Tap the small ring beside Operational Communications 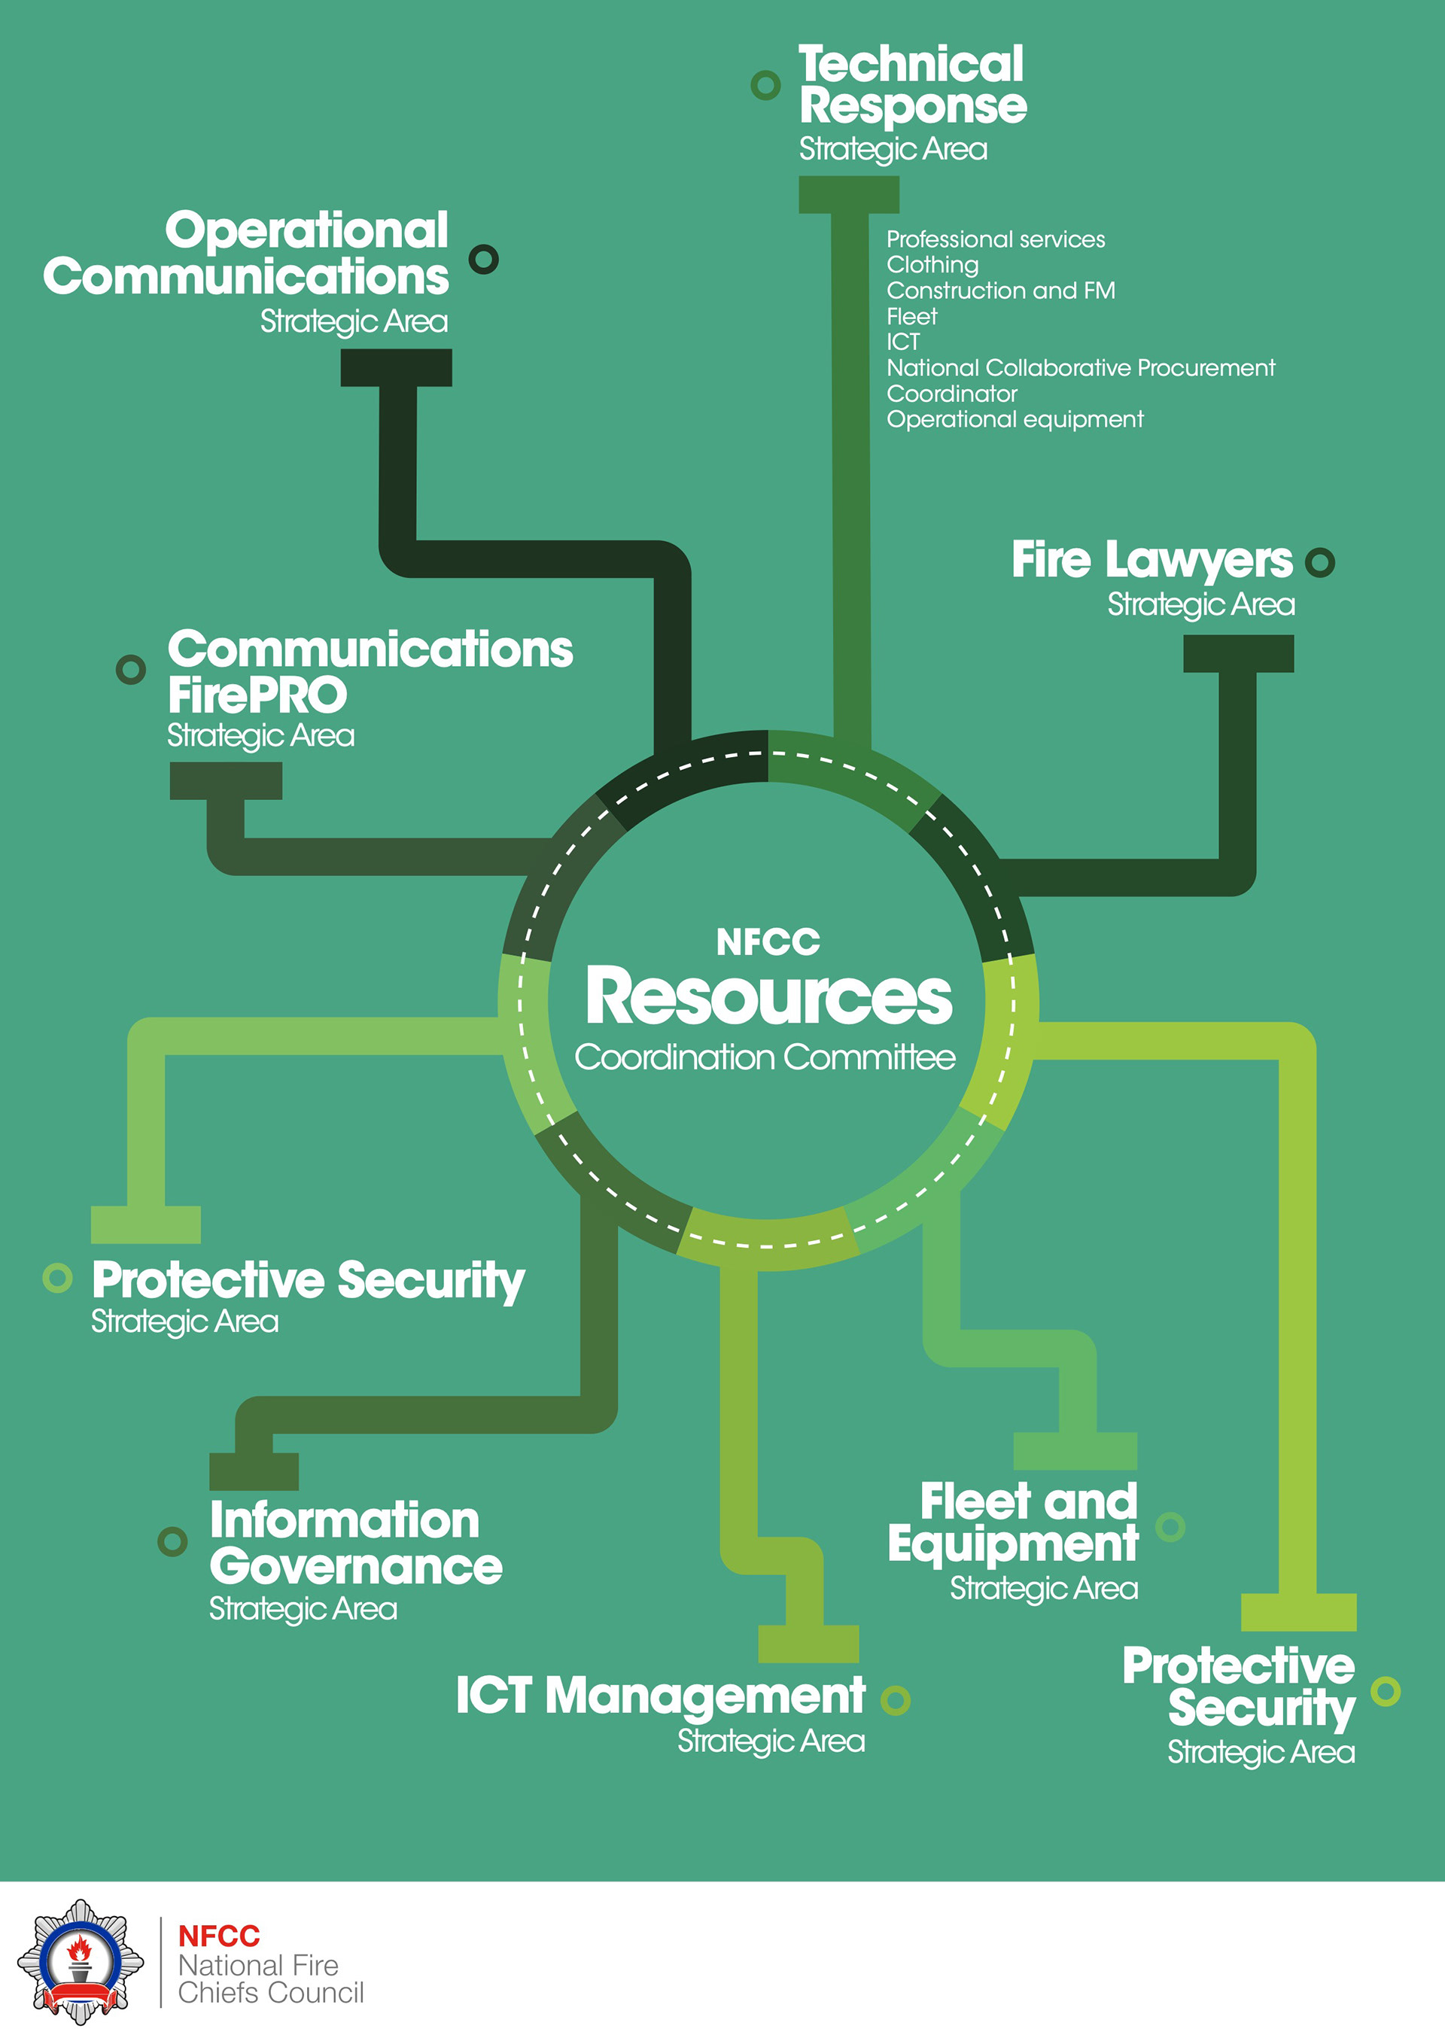click(483, 259)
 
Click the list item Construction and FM click(1000, 291)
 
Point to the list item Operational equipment click(1014, 419)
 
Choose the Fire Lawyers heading click(1151, 560)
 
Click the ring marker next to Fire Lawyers click(1319, 563)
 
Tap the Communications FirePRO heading click(370, 672)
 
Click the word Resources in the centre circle click(768, 997)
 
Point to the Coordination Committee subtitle click(765, 1057)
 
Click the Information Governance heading click(355, 1543)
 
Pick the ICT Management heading click(660, 1696)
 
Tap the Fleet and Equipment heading click(1013, 1522)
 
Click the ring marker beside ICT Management click(895, 1700)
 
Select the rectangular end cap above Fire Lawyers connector click(1237, 653)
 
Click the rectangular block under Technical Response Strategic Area click(848, 195)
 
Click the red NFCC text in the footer click(219, 1936)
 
